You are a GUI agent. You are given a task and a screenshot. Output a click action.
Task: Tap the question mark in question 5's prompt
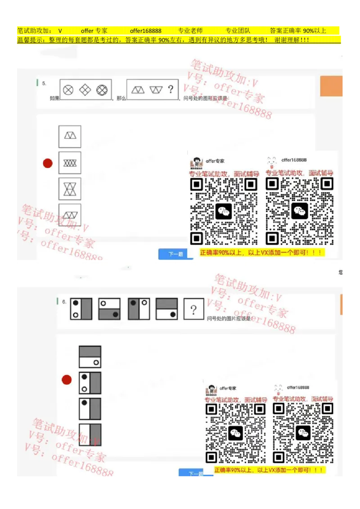pos(170,89)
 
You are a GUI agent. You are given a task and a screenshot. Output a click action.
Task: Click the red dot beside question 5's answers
pos(48,163)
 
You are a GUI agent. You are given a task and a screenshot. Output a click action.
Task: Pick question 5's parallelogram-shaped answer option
pos(70,215)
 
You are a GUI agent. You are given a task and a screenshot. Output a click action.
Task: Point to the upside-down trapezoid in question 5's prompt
pos(156,89)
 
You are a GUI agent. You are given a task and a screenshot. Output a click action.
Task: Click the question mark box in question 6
pos(193,309)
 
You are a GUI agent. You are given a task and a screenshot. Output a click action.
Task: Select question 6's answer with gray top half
pos(90,357)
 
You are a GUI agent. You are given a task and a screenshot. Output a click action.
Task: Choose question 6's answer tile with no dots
pos(90,435)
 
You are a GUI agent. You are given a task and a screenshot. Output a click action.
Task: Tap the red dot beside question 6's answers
pos(67,380)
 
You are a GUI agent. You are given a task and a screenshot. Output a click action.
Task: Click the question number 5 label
pos(44,84)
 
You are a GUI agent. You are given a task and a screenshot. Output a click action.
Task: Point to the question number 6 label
pos(64,302)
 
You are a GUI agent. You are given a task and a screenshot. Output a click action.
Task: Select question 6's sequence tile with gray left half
pos(139,309)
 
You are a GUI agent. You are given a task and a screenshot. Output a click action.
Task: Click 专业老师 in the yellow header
pos(190,31)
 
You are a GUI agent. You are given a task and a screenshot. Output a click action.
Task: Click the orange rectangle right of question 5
pos(332,86)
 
